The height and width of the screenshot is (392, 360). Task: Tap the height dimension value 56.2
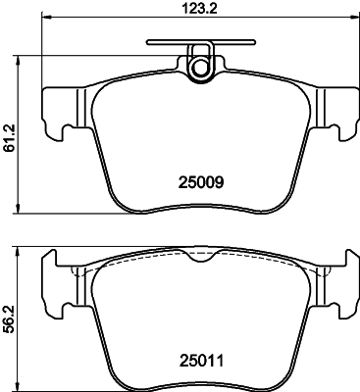click(x=9, y=319)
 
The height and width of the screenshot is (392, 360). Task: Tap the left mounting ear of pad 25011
click(x=57, y=284)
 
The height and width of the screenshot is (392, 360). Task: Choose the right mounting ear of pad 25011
click(x=342, y=284)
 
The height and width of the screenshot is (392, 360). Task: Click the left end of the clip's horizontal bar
click(x=148, y=43)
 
